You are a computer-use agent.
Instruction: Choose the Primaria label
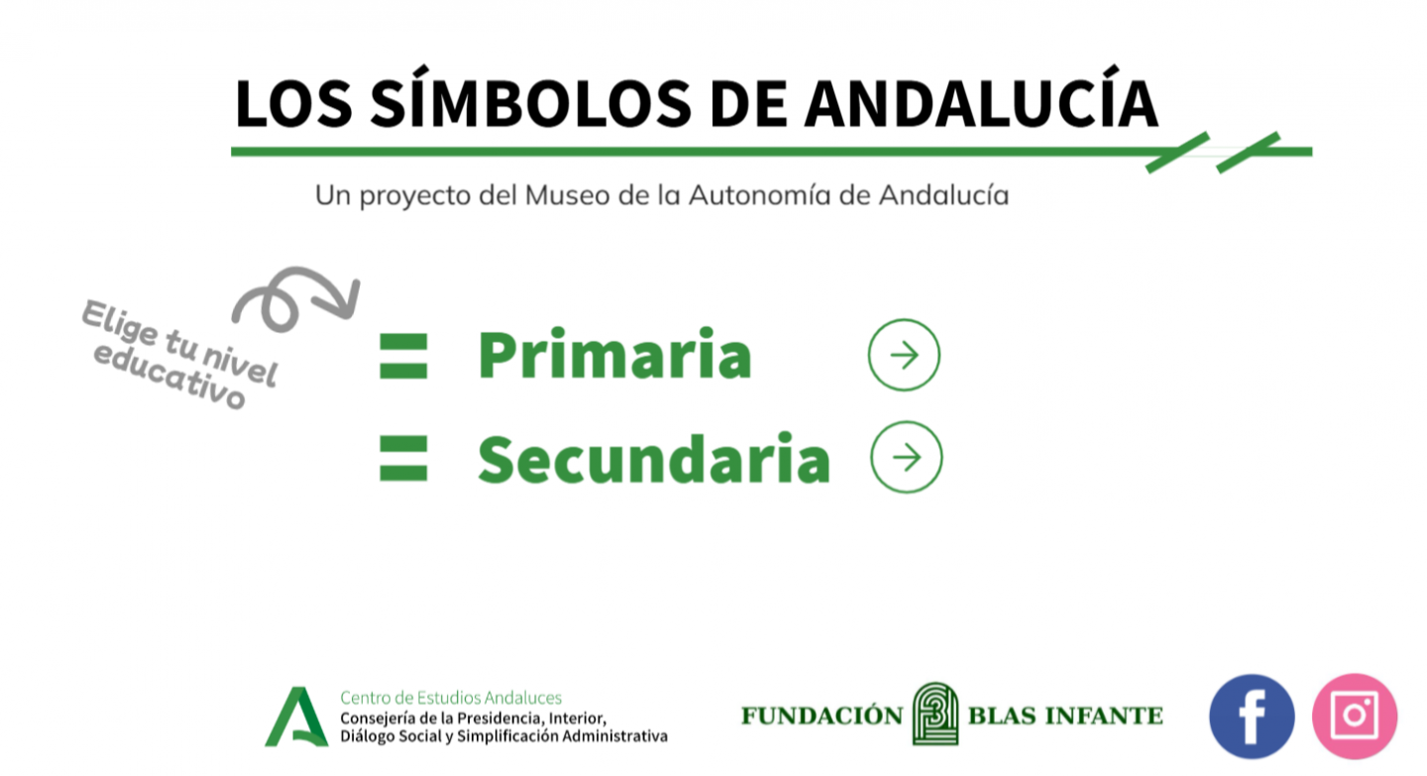coord(614,354)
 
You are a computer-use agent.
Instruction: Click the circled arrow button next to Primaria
coord(904,355)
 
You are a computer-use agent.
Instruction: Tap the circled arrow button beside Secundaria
coord(907,457)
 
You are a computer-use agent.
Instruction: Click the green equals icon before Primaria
coord(403,356)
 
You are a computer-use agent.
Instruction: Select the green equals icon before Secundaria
coord(403,458)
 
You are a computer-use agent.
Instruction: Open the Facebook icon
coord(1252,717)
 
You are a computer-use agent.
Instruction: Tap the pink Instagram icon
coord(1355,717)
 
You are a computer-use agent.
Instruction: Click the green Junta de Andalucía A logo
coord(297,717)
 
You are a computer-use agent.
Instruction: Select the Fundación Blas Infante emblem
coord(935,714)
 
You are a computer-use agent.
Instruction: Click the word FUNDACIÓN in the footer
coord(822,716)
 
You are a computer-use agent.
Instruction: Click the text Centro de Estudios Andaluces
coord(451,698)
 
